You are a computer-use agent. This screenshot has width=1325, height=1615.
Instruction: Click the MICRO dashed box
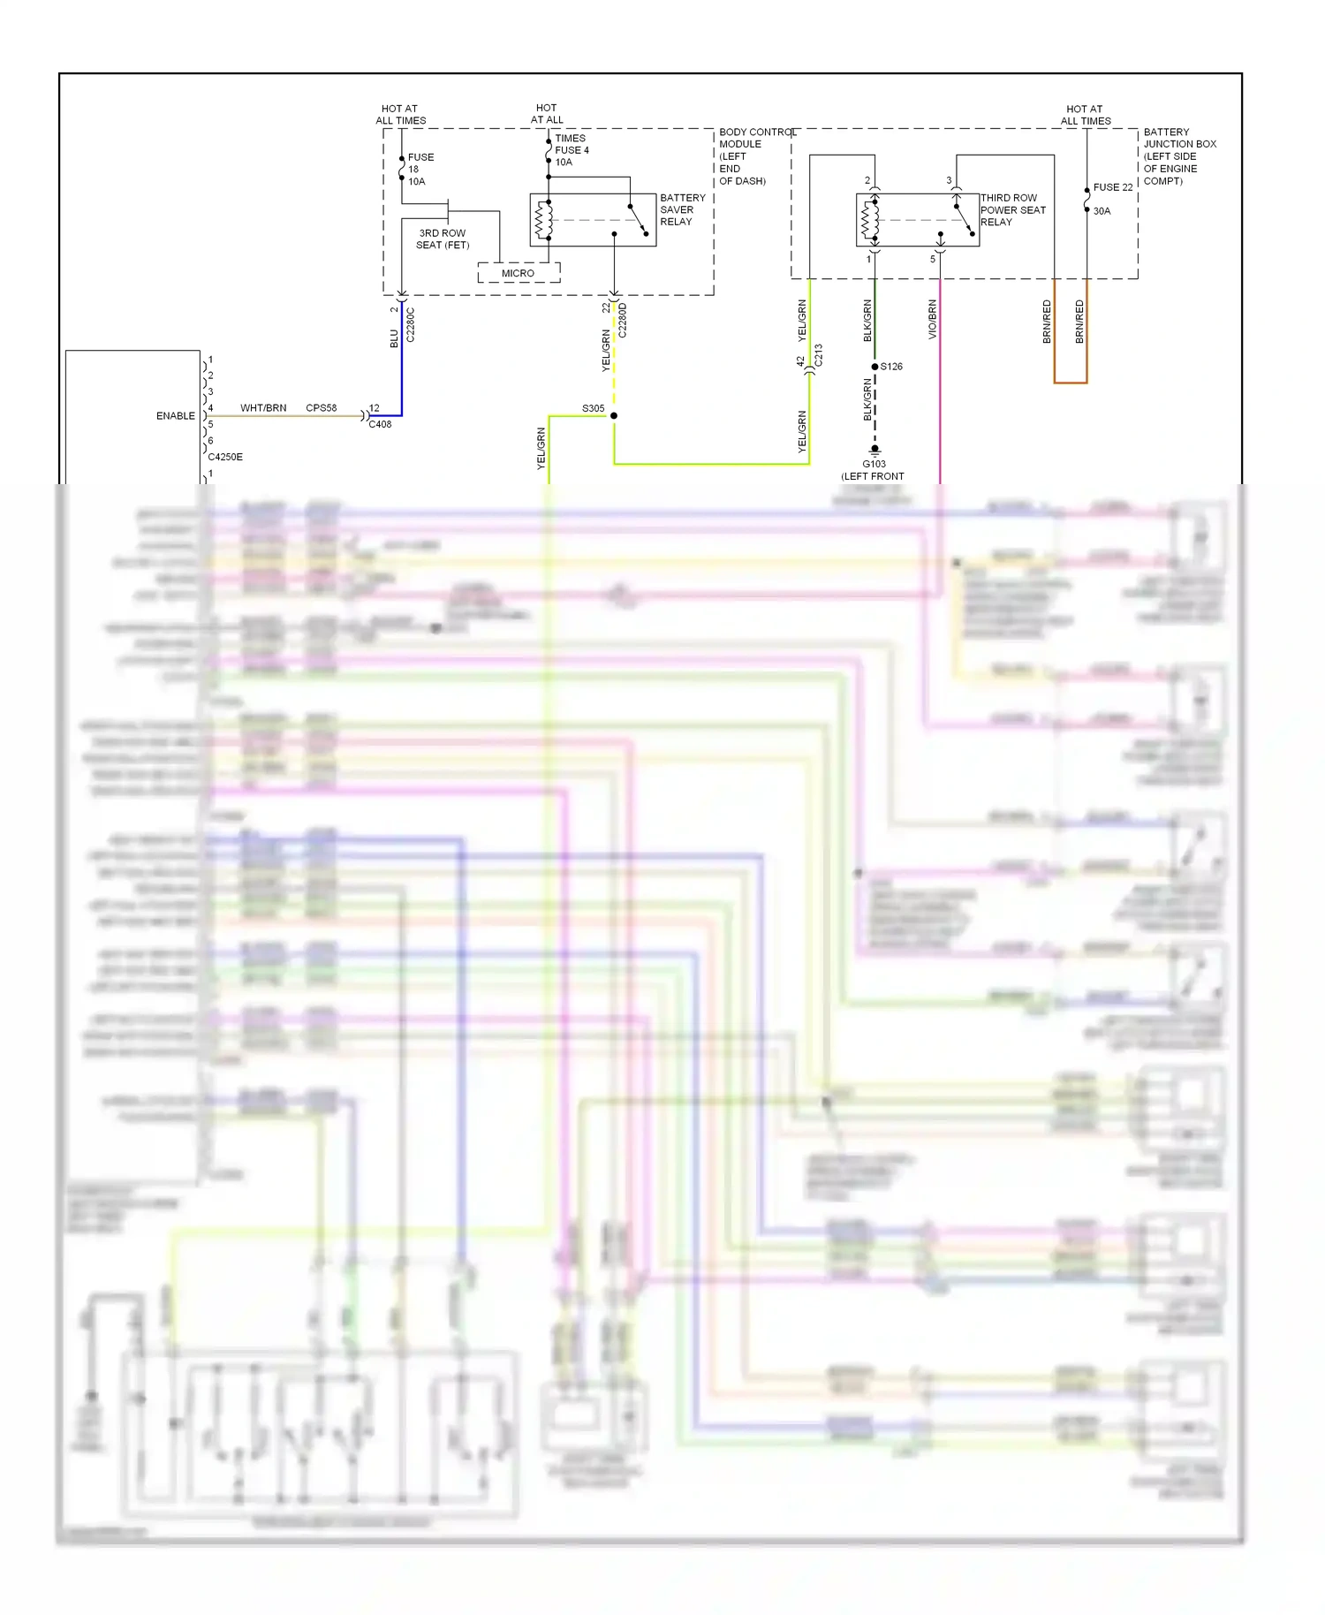point(519,273)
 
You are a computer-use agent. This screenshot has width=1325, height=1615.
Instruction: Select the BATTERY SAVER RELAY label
point(682,210)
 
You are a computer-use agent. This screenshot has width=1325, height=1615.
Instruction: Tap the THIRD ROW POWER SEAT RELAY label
point(1012,210)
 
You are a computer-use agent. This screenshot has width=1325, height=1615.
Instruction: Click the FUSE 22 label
point(1112,187)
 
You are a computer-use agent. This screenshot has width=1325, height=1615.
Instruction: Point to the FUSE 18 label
point(420,169)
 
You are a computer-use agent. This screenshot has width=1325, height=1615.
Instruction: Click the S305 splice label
point(593,408)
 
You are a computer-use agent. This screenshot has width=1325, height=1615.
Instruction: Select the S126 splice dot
point(874,367)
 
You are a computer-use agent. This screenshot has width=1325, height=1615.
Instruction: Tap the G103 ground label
point(874,464)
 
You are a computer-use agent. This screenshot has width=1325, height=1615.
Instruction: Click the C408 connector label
point(380,425)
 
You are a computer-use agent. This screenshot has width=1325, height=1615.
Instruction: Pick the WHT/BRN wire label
point(263,408)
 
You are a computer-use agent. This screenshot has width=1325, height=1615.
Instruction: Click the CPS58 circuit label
point(322,408)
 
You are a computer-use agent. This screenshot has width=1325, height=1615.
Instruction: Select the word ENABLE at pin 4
point(175,415)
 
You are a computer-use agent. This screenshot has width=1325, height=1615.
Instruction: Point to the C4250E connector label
point(225,457)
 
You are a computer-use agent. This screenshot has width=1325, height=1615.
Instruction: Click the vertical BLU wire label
point(395,338)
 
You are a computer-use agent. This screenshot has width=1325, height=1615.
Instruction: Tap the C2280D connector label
point(623,320)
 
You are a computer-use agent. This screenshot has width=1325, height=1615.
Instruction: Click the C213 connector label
point(819,355)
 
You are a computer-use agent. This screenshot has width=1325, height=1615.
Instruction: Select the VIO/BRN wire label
point(933,320)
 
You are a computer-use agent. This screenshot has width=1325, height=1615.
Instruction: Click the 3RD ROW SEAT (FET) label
point(443,239)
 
